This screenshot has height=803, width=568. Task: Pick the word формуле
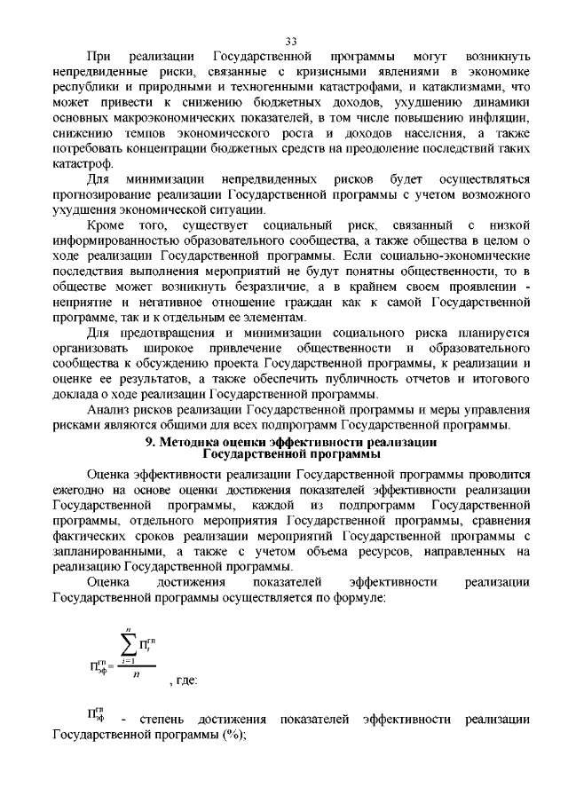click(355, 599)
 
